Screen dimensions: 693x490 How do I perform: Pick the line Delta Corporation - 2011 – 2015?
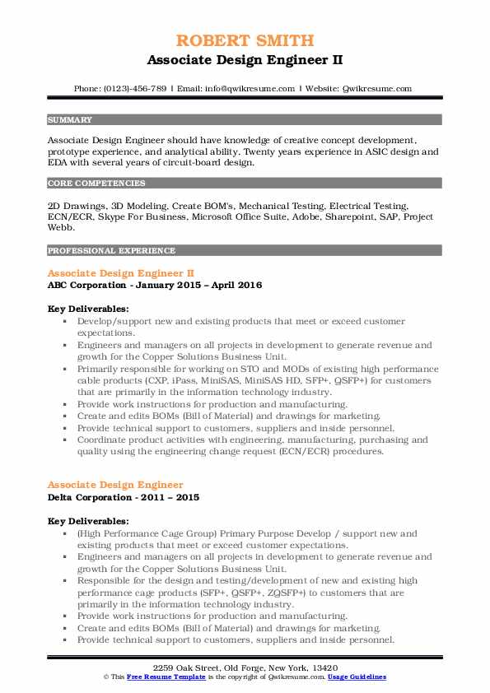124,497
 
